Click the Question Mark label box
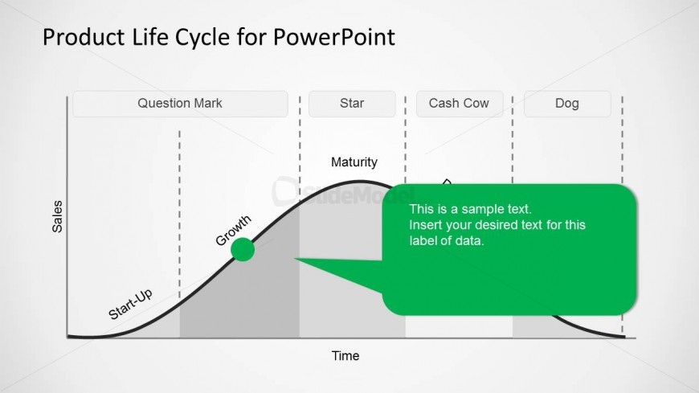(180, 104)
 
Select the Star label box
(352, 104)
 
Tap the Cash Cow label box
(460, 104)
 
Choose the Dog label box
(567, 104)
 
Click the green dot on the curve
(243, 249)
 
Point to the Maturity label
(354, 162)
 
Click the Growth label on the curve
(233, 230)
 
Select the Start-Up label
(131, 305)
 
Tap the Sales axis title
(58, 216)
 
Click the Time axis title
(345, 356)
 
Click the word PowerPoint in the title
(334, 37)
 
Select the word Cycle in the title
(202, 38)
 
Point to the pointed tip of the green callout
(295, 258)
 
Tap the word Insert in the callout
(424, 225)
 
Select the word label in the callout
(421, 241)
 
